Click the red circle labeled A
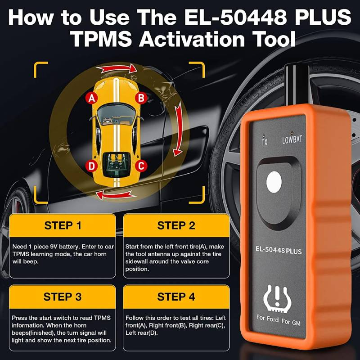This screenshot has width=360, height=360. point(92,98)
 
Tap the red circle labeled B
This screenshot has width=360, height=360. point(141,98)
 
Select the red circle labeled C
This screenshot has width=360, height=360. point(141,166)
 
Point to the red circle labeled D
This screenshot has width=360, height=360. point(92,166)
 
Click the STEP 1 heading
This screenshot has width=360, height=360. point(63,225)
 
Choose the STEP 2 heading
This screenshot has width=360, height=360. point(176,225)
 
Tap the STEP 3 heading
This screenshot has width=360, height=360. point(63,297)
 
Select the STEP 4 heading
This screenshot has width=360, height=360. point(176,297)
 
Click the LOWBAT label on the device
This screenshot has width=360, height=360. point(292,139)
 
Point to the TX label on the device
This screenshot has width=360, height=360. point(265,142)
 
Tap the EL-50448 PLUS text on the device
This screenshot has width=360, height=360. point(279,250)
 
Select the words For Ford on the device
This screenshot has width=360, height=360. point(267,319)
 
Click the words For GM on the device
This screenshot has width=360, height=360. point(291,321)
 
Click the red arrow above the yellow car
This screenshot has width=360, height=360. point(117,68)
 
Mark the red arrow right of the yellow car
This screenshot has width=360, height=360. point(178,129)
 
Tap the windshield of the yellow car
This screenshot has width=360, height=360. point(116,114)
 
